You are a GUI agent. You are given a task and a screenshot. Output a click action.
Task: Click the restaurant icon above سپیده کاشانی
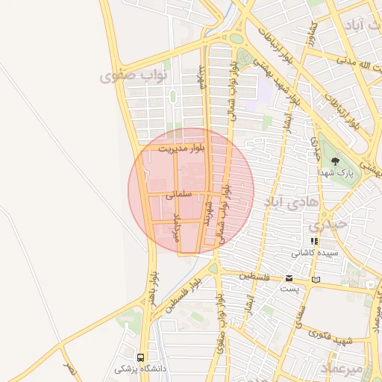click(314, 241)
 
